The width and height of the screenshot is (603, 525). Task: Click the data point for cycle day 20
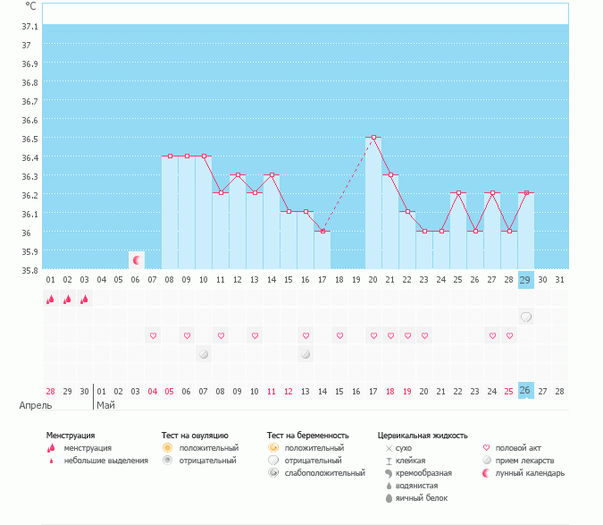click(x=373, y=138)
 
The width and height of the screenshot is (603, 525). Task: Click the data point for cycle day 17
click(x=322, y=231)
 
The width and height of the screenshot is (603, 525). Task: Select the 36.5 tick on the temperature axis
click(x=29, y=139)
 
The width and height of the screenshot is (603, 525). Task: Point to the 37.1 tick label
click(x=29, y=26)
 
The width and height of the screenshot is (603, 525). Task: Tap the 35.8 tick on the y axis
click(x=29, y=270)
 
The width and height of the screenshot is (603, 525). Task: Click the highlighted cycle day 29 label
click(x=526, y=280)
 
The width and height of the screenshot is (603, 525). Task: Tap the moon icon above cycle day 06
click(x=137, y=260)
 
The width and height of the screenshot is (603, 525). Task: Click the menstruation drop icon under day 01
click(x=50, y=300)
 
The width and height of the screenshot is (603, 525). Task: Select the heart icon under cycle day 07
click(x=153, y=335)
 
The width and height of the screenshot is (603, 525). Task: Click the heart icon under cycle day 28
click(x=509, y=335)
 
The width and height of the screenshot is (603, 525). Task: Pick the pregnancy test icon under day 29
click(x=526, y=317)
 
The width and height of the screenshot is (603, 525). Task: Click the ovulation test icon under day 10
click(x=204, y=354)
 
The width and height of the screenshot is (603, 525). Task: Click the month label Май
click(x=105, y=405)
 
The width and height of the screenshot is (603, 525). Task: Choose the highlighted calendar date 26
click(x=526, y=391)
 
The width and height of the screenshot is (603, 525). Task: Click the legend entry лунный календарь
click(x=530, y=473)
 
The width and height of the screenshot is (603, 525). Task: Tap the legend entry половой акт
click(x=518, y=448)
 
